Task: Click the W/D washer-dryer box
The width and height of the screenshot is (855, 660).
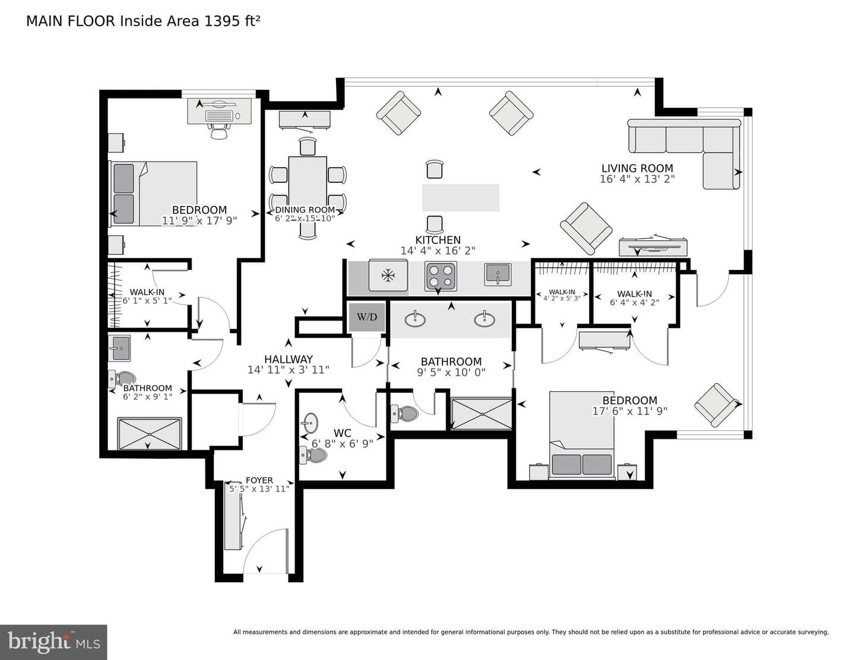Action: click(x=367, y=316)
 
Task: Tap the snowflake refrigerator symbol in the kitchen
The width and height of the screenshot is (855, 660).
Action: click(x=388, y=275)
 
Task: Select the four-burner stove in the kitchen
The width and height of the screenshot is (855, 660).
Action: click(x=441, y=276)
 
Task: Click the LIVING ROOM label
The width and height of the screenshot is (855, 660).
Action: click(x=637, y=169)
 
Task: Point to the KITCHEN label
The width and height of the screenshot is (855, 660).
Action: click(x=438, y=240)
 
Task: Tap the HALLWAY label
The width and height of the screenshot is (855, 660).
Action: click(x=289, y=359)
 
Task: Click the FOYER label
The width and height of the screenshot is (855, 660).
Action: click(x=259, y=480)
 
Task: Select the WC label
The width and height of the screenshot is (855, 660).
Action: click(x=343, y=433)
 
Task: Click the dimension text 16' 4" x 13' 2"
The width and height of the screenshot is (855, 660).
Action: click(x=637, y=179)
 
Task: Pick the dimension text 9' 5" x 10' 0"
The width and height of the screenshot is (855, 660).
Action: click(x=451, y=372)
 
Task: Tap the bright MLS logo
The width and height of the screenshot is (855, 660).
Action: click(x=53, y=642)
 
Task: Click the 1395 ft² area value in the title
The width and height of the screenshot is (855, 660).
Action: click(x=232, y=21)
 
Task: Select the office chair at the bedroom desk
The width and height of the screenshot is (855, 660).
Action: click(x=219, y=130)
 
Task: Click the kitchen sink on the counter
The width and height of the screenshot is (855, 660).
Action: click(x=498, y=275)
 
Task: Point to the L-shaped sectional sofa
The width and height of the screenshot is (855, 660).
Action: click(x=684, y=154)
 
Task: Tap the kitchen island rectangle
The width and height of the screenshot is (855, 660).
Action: click(x=461, y=198)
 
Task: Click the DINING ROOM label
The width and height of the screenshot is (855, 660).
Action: click(x=305, y=210)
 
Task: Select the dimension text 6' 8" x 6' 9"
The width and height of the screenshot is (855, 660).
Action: click(x=343, y=444)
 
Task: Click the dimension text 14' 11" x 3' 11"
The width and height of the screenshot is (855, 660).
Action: click(x=289, y=370)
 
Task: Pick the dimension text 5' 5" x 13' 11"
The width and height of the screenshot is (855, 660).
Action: click(x=259, y=489)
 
